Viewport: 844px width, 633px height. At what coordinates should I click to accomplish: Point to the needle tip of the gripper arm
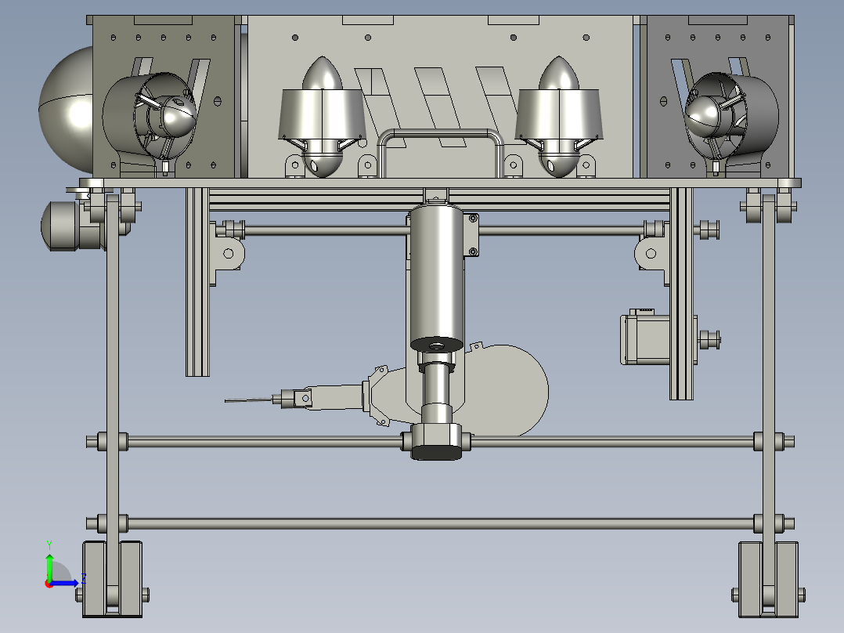(x=225, y=400)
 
